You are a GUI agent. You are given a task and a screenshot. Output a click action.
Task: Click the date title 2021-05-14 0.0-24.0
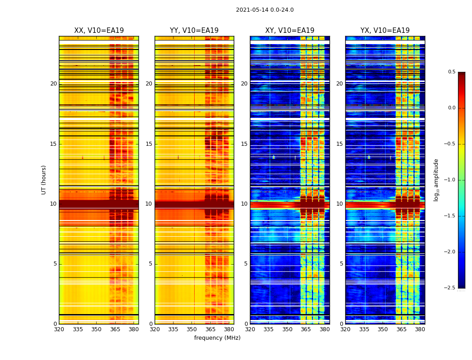coord(265,10)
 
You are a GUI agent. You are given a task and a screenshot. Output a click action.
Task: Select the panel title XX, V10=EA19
coord(99,31)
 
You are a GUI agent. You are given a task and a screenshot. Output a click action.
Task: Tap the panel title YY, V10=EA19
coord(194,31)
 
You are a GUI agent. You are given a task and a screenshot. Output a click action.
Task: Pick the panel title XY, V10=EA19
coord(289,31)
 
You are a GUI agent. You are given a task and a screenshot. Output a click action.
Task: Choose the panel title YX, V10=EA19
coord(385,31)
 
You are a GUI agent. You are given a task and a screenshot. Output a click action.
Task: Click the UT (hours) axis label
coord(44,180)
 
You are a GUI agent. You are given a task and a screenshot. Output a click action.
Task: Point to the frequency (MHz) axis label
coord(217,338)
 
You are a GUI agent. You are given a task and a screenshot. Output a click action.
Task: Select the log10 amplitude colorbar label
coord(436,180)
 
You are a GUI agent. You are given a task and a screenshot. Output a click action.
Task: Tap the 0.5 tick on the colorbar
coord(451,72)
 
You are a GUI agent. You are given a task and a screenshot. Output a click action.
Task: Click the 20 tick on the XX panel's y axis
coord(53,84)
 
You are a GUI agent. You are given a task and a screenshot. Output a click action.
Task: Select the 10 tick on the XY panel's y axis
coord(244,204)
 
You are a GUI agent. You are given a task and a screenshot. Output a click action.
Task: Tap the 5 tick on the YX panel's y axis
coord(342,264)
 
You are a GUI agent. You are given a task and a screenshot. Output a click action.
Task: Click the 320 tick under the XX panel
coord(59,329)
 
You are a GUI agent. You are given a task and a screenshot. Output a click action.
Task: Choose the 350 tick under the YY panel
coord(192,329)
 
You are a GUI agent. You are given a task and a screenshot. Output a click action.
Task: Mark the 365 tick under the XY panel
coord(306,329)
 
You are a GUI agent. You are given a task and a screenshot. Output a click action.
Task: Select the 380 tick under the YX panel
coord(420,329)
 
